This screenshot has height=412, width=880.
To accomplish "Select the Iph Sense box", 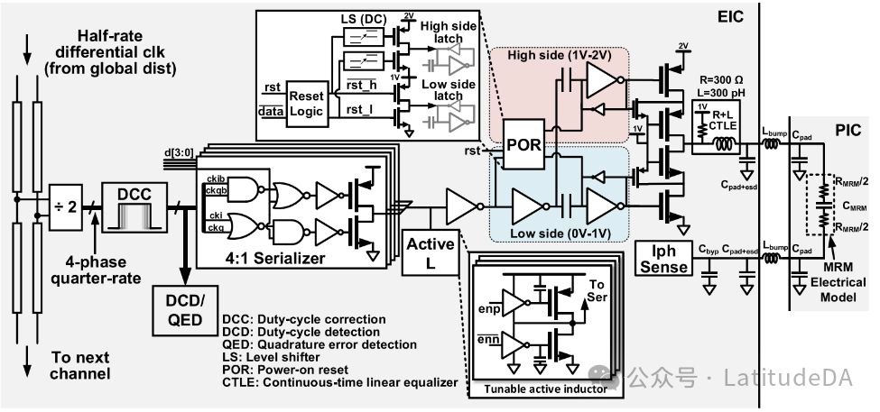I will (662, 258).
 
